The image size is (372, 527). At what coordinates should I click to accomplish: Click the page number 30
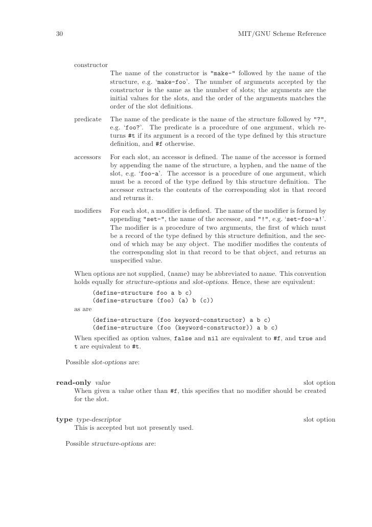tap(59, 34)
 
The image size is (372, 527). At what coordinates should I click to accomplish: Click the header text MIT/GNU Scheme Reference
tap(282, 34)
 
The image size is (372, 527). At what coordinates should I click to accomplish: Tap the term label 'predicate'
tap(88, 119)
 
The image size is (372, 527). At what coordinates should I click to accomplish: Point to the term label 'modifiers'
tap(87, 211)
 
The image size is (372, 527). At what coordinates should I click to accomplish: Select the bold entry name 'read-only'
tap(74, 383)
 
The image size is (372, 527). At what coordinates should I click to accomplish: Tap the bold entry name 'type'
tap(64, 420)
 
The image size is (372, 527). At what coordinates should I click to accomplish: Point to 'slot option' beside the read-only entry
tap(319, 383)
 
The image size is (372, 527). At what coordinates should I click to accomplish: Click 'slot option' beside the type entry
tap(319, 420)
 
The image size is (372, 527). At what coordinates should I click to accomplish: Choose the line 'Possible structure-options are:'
tap(110, 443)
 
